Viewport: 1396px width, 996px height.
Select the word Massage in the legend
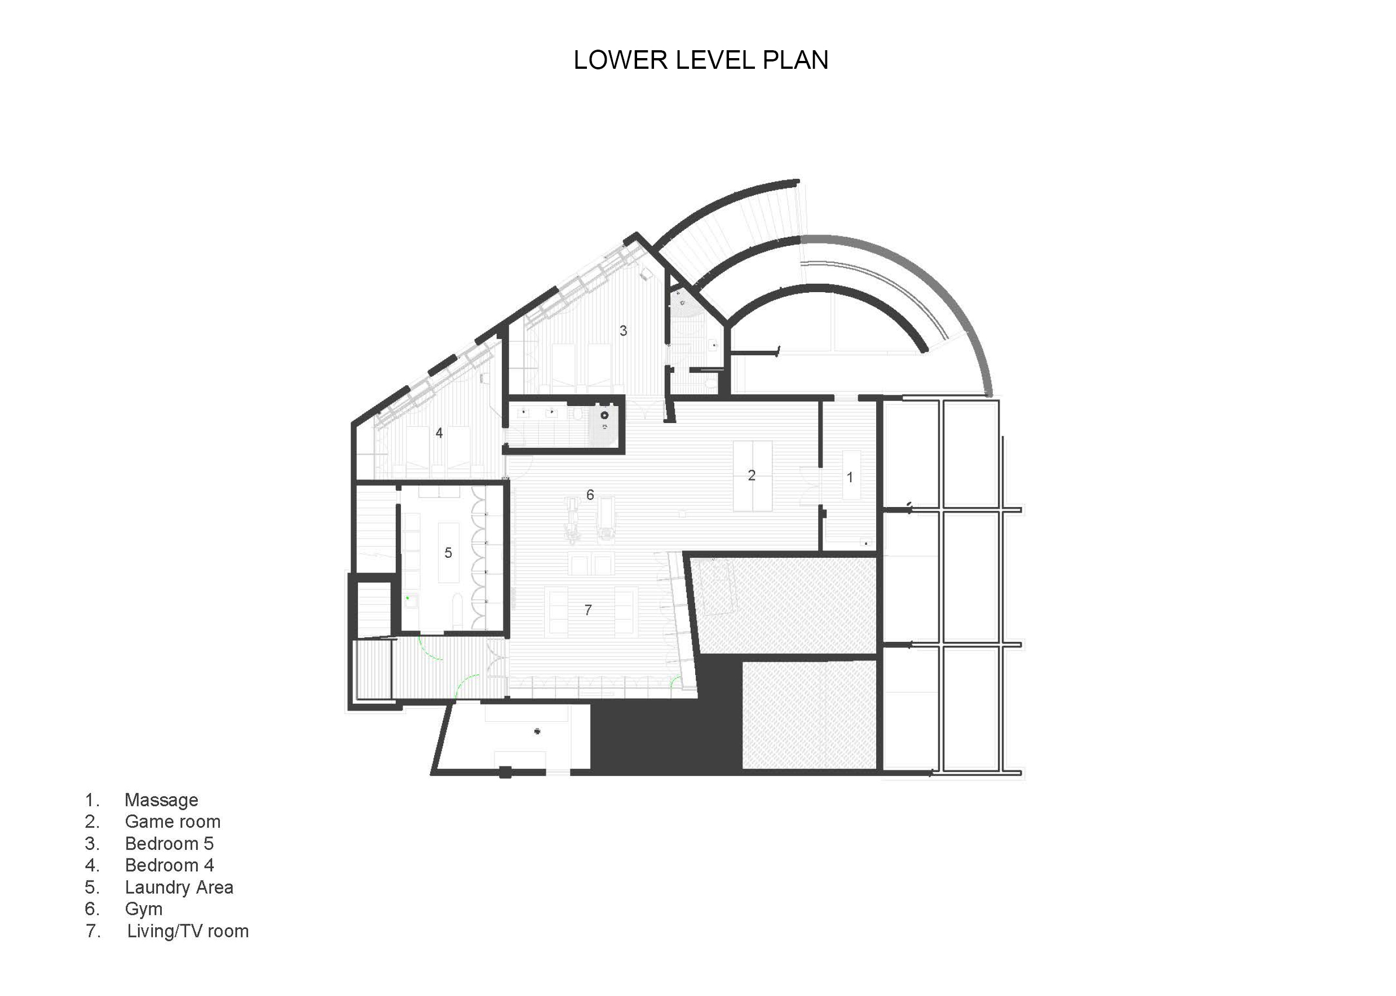(x=161, y=800)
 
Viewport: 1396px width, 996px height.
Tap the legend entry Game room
(x=173, y=821)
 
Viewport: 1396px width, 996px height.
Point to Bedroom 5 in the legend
(x=169, y=843)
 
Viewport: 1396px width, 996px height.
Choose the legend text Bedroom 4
(x=169, y=865)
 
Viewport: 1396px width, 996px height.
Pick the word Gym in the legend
(x=143, y=909)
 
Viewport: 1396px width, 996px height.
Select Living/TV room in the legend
(x=188, y=931)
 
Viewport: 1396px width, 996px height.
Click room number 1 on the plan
(x=850, y=477)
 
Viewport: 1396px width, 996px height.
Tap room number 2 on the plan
(x=752, y=475)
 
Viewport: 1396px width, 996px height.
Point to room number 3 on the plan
(x=623, y=330)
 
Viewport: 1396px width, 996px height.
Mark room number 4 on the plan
(x=439, y=433)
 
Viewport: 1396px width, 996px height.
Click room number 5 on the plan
(x=448, y=553)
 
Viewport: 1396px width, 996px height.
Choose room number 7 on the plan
(x=588, y=610)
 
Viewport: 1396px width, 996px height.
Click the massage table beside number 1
(x=851, y=475)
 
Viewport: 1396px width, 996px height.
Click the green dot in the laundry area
(x=407, y=597)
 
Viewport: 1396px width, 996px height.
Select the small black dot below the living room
(x=538, y=731)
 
